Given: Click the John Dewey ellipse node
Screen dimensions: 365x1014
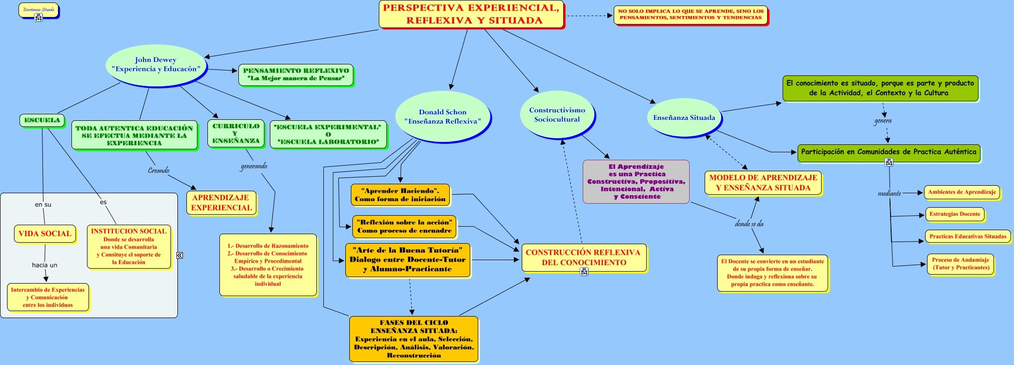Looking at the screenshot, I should point(156,65).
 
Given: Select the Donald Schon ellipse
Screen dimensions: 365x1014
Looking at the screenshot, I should point(442,117).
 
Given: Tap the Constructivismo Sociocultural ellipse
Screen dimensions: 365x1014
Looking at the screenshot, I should point(557,115).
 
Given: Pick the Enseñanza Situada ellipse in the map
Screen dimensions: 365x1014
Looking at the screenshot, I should point(684,118).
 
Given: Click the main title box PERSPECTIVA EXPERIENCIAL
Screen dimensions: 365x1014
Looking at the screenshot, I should point(471,14).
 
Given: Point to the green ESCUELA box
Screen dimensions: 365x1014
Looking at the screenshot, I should point(42,120).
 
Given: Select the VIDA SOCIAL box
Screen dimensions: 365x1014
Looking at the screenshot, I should point(45,234).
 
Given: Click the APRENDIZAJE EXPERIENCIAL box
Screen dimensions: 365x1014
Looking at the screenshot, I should point(221,203).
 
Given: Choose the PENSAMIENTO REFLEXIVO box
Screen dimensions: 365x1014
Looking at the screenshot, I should point(296,74).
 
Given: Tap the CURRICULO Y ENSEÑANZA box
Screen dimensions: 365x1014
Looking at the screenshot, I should point(236,134).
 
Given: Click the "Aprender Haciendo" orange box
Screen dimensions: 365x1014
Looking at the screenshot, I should point(400,195).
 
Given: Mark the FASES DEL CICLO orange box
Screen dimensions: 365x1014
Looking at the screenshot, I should point(414,339).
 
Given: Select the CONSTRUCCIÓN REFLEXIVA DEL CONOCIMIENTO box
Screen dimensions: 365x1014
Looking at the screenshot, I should point(583,257).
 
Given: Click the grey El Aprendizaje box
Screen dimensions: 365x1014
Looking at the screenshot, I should point(636,182).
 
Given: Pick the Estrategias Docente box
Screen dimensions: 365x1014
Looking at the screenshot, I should point(955,214).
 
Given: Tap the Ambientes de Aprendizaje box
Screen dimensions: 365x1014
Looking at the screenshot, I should point(962,192).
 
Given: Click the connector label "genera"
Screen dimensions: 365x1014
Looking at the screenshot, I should point(883,121).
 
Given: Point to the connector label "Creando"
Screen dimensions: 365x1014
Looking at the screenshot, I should point(158,171).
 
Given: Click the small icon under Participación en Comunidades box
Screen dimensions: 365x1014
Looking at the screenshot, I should point(889,162).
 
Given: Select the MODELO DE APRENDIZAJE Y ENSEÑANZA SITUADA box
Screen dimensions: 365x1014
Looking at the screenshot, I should point(763,183).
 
